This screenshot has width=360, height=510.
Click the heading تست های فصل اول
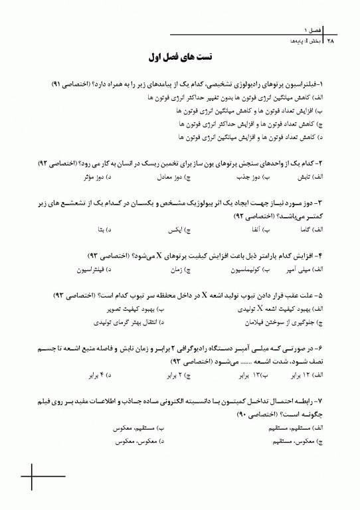click(180, 58)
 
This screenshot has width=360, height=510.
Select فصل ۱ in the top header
click(313, 31)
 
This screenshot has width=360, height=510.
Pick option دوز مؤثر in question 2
click(98, 178)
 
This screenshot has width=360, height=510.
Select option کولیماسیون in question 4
click(242, 270)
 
